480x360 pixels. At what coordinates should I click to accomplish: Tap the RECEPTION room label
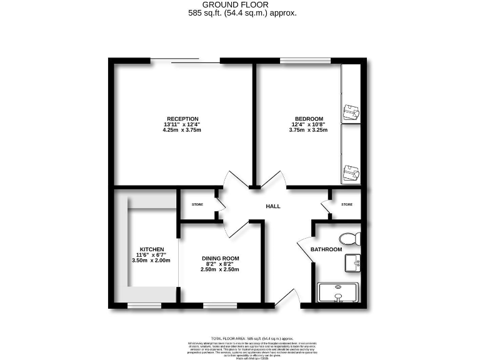[182, 119]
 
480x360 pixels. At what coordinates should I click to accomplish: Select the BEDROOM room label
[309, 119]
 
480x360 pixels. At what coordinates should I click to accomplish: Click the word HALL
[273, 206]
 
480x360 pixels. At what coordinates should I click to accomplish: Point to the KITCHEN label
[151, 248]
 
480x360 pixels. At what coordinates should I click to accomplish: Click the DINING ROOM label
[220, 258]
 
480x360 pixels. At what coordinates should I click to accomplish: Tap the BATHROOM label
[327, 250]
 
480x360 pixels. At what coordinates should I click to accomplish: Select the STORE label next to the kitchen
[197, 204]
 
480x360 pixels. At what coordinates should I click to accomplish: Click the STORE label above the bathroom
[347, 204]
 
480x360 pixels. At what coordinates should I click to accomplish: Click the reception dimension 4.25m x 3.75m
[182, 131]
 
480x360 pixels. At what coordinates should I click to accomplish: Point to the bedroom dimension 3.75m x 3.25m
[309, 131]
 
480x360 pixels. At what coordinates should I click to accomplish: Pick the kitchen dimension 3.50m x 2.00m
[151, 261]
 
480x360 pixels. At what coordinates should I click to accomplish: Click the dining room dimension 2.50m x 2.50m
[220, 270]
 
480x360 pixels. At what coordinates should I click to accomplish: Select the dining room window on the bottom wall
[219, 306]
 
